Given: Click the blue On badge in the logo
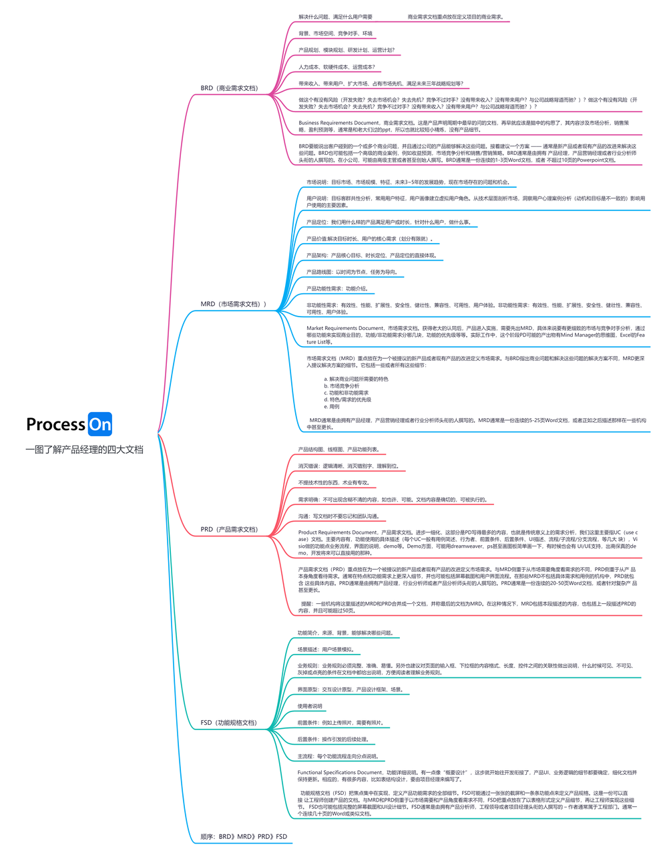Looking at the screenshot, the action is pos(100,424).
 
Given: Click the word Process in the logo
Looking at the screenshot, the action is pos(56,424).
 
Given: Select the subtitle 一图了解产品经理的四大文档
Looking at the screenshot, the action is pos(84,450).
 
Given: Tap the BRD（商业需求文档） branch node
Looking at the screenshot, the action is pos(228,88).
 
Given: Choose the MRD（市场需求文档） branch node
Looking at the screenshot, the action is pos(233,304).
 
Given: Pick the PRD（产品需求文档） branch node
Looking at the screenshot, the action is pos(228,529).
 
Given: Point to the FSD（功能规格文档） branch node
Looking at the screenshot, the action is pos(228,722).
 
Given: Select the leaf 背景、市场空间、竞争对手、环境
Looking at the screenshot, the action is pos(335,33).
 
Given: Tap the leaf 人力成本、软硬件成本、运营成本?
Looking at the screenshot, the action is pos(337,67).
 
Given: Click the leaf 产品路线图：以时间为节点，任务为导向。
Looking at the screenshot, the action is pos(351,272).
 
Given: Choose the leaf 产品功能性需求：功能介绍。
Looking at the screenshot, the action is pos(337,289).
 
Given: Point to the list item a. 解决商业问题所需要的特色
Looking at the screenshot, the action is pos(356,379).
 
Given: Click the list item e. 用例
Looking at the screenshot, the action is pos(332,406).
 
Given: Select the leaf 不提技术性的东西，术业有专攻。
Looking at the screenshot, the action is pos(333,482).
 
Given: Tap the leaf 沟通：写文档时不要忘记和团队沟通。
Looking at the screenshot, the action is pos(339,516).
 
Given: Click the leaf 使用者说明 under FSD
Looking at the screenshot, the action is pos(310,706).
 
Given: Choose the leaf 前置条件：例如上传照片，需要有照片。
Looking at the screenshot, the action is pos(340,723).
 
